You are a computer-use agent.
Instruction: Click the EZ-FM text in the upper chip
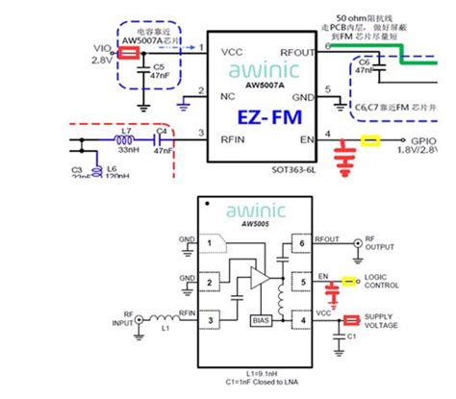coord(267,116)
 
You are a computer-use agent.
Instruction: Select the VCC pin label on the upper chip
coord(232,50)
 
